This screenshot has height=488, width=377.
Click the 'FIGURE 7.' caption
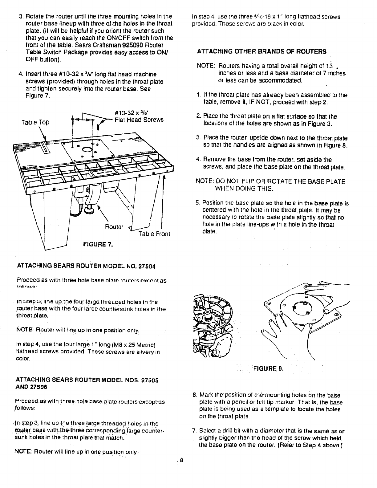pos(97,245)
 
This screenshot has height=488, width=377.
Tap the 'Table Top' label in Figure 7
pos(35,122)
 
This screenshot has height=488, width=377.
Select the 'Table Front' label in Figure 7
pos(154,234)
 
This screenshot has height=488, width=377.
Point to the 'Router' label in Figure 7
pos(114,227)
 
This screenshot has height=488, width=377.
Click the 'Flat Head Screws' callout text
pos(139,120)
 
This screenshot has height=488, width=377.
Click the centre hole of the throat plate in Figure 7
pos(87,150)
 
